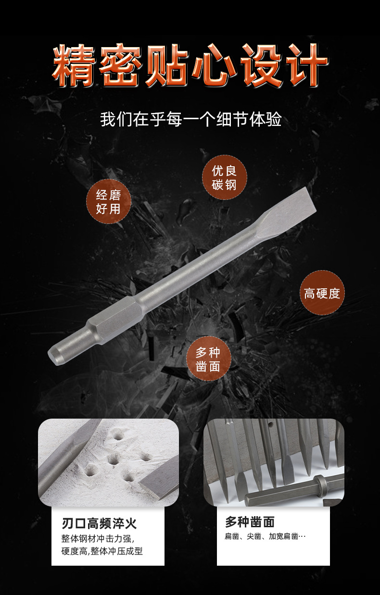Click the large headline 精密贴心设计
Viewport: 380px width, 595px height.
tap(190, 66)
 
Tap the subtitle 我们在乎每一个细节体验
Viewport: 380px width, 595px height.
tap(190, 119)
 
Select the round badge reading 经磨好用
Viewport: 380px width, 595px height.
tap(108, 201)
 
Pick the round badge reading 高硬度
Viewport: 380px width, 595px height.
tap(322, 293)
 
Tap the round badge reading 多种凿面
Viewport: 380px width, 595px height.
tap(208, 359)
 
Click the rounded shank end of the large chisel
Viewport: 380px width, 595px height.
tap(58, 351)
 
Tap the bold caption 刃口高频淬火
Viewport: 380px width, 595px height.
tap(103, 523)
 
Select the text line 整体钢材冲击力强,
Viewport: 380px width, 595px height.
tap(98, 538)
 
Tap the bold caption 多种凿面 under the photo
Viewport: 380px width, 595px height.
tap(250, 522)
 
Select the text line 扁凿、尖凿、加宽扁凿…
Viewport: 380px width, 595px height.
tap(265, 536)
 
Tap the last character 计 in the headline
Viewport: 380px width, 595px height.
tap(307, 66)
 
